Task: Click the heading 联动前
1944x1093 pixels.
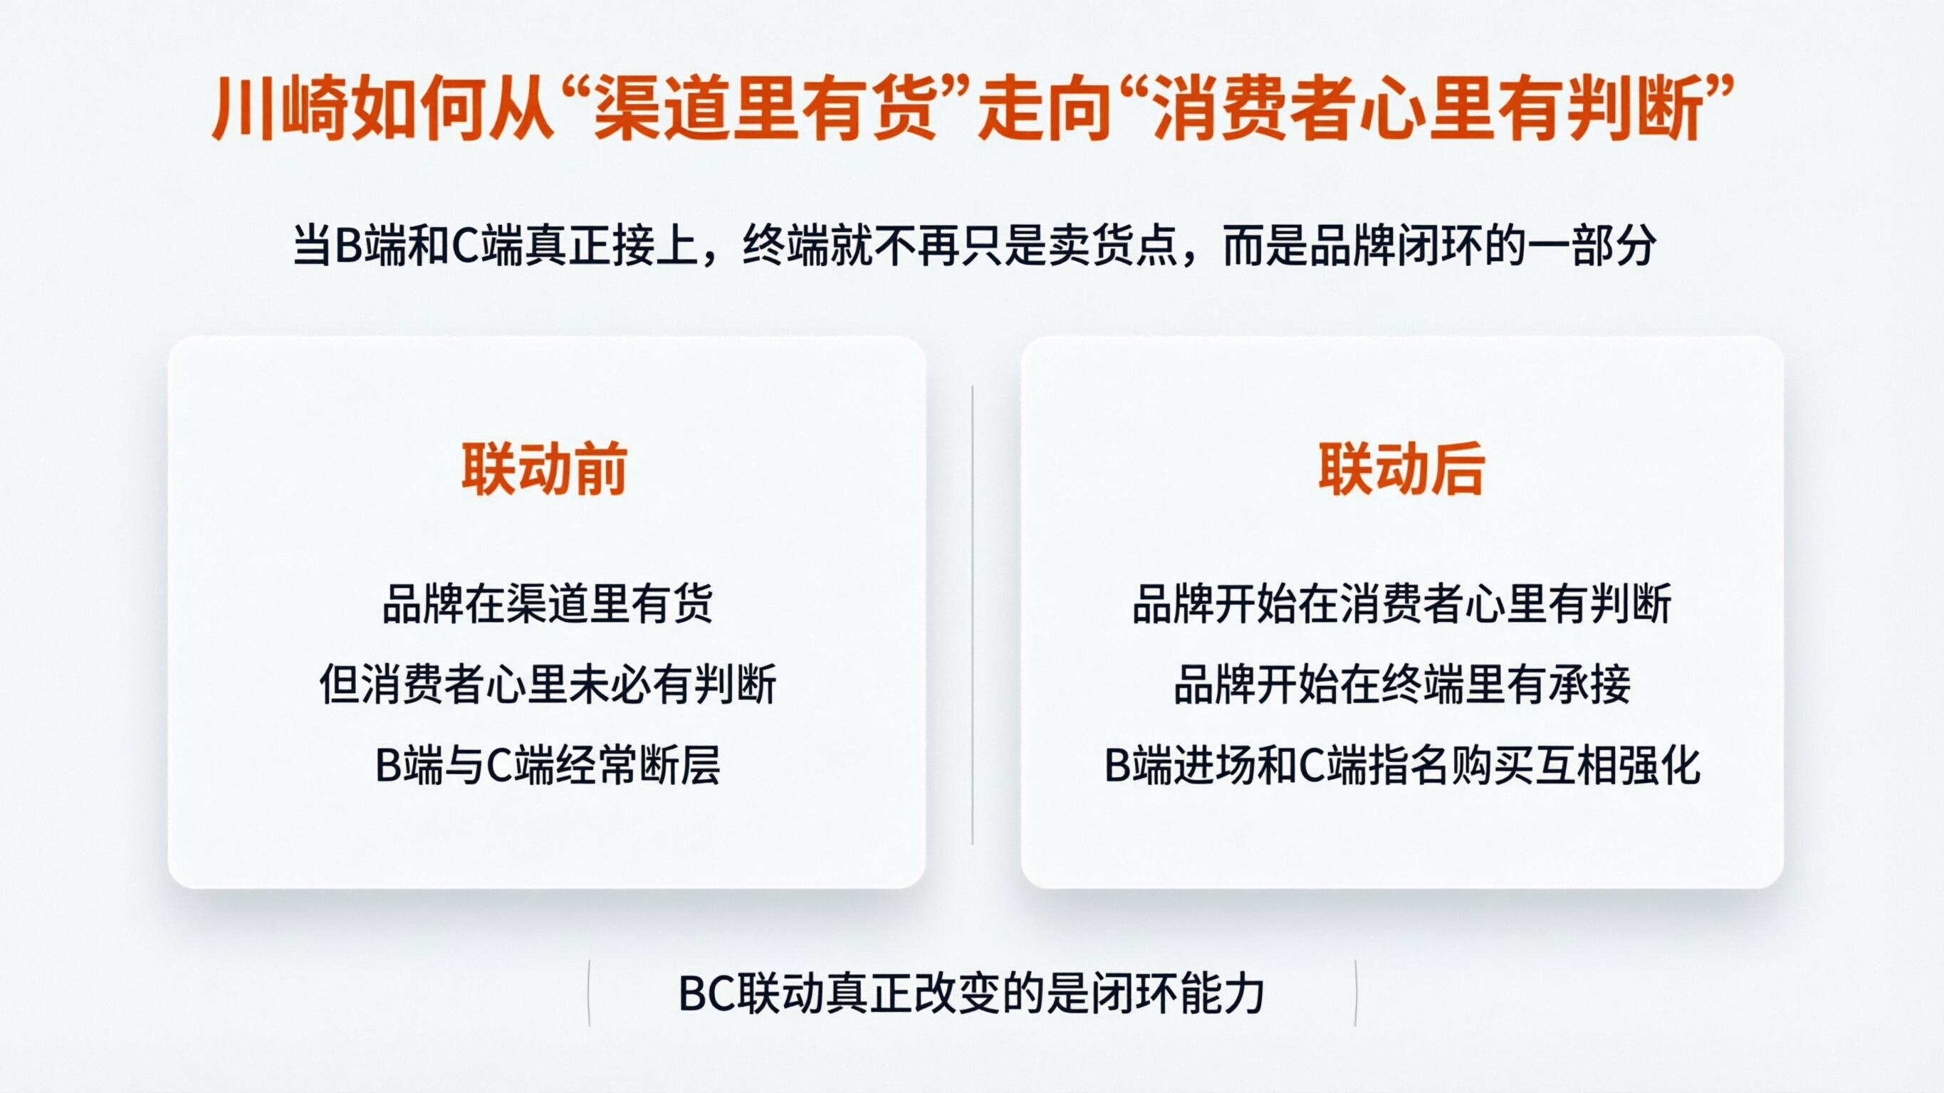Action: [x=544, y=469]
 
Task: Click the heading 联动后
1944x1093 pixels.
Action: [x=1401, y=469]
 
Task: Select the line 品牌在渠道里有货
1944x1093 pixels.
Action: [x=547, y=604]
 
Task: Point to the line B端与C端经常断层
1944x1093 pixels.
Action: [x=547, y=766]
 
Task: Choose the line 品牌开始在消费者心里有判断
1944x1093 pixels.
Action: [x=1401, y=604]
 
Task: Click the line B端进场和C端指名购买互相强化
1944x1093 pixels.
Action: [x=1401, y=766]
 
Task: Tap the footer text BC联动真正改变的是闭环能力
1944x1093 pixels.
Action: [x=971, y=993]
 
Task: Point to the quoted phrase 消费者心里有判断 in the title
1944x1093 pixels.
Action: [x=1428, y=110]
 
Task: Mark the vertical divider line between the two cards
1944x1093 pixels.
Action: [x=972, y=615]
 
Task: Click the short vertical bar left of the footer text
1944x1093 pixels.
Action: [x=589, y=993]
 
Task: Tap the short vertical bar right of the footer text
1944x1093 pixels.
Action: [x=1355, y=993]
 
